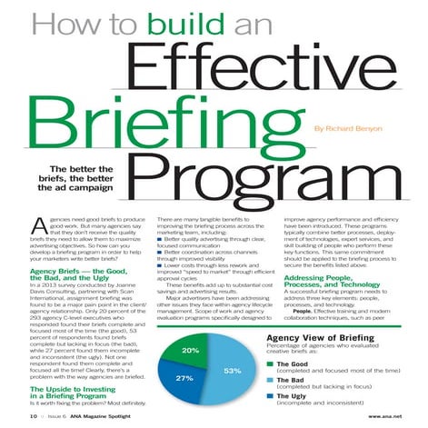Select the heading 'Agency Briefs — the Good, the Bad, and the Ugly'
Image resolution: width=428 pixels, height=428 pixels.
pos(79,275)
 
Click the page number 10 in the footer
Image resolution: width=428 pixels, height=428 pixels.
pos(32,416)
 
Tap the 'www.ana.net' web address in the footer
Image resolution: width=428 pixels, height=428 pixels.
pos(381,416)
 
